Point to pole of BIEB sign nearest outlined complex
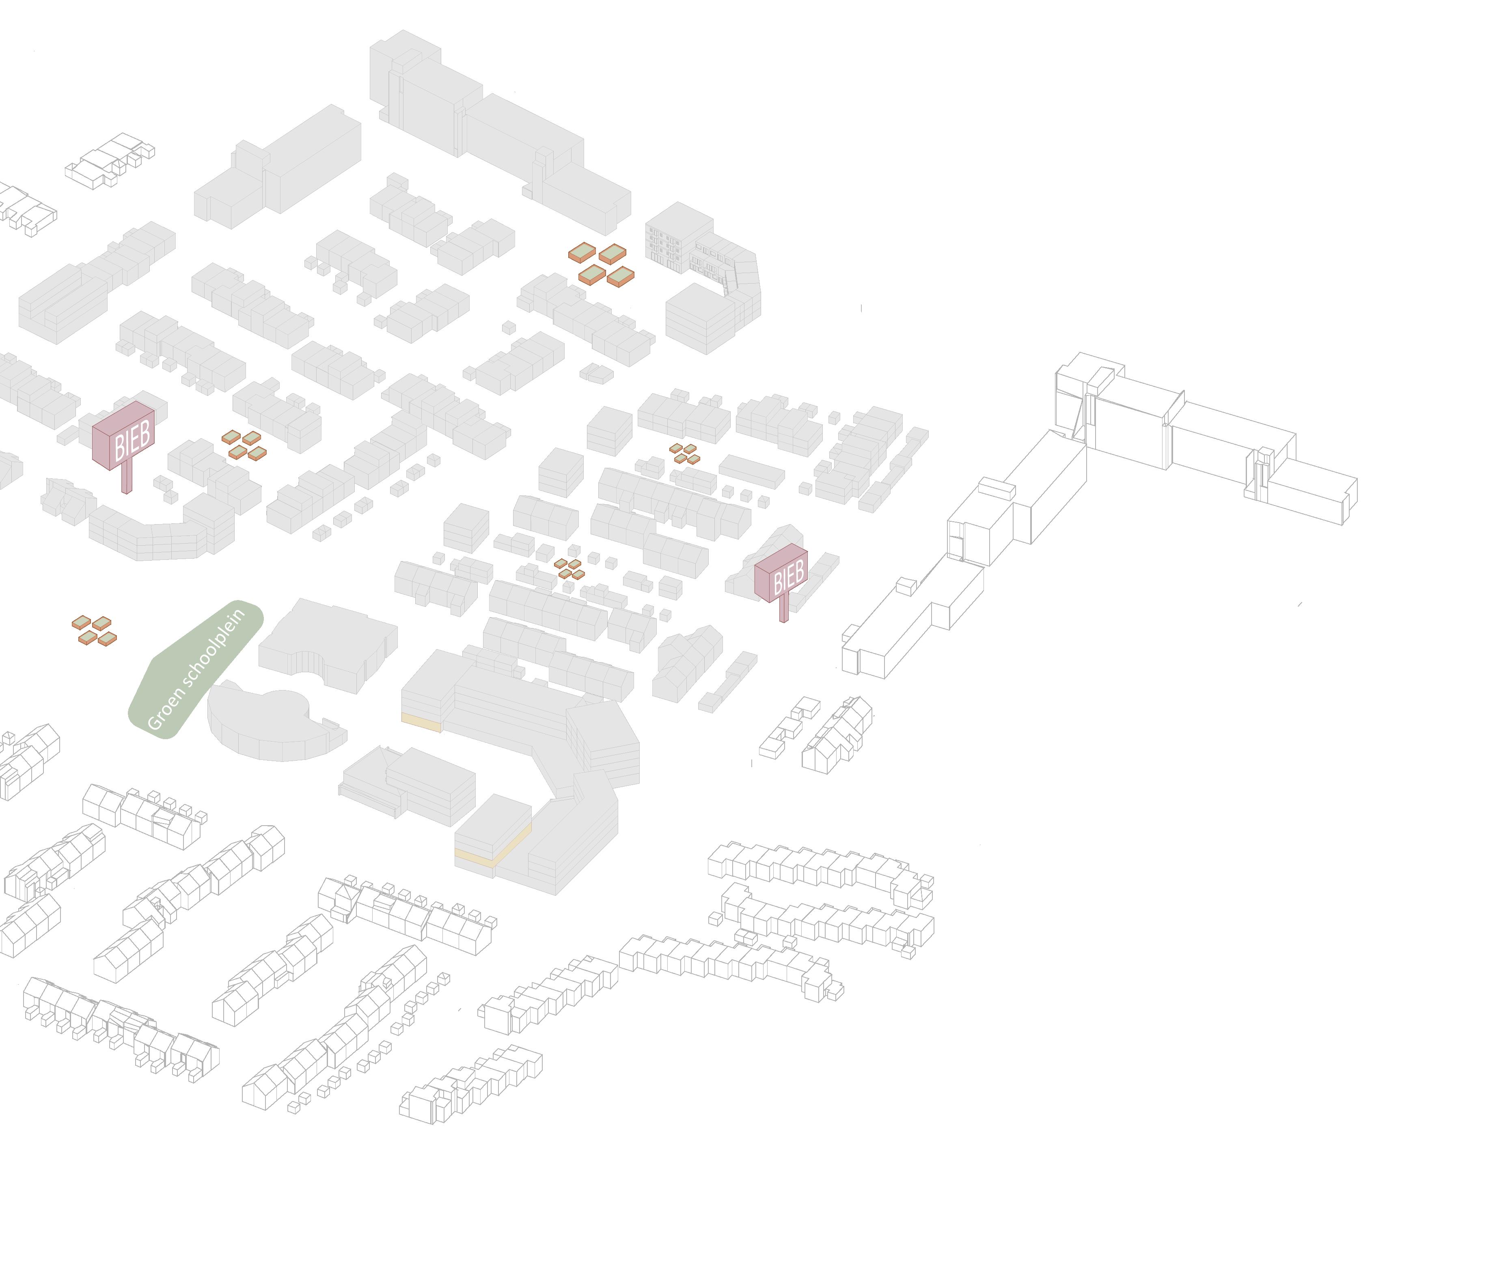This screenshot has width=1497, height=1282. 784,610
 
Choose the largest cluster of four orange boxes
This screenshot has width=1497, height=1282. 601,265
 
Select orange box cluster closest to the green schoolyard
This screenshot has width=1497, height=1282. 94,630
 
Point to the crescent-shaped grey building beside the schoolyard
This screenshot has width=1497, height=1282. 267,729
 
